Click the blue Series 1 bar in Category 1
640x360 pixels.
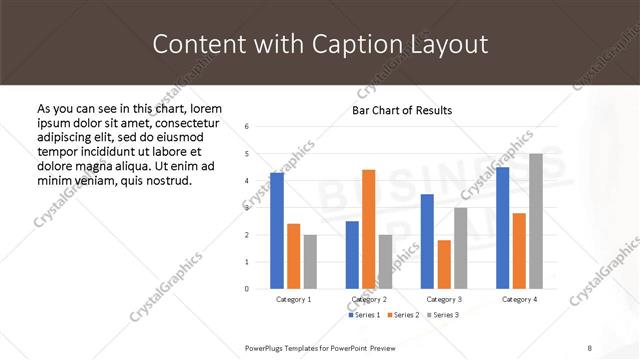tap(277, 231)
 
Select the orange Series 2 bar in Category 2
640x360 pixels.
tap(369, 229)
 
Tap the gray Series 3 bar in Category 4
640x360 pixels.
tap(536, 221)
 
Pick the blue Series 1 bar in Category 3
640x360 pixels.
tap(427, 241)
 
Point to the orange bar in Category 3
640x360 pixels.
tap(444, 264)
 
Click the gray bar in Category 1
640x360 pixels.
tap(310, 261)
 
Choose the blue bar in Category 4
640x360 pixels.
tap(502, 228)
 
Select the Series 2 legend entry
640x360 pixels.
tap(403, 315)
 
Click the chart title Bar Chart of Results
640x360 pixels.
tap(402, 110)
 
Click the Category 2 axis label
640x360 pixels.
tap(369, 299)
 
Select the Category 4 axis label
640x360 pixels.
tap(519, 299)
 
